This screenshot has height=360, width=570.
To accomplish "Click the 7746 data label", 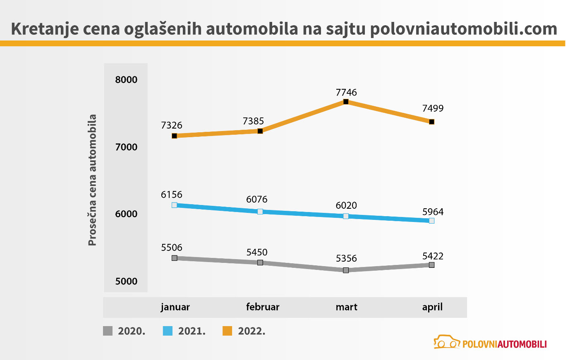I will click(x=346, y=92).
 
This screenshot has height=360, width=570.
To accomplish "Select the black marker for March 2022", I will click(x=346, y=102).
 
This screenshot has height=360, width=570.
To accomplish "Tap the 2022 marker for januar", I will click(x=174, y=136).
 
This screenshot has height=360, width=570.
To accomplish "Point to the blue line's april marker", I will click(x=431, y=221).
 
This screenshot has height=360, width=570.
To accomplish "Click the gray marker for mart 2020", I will click(x=346, y=270).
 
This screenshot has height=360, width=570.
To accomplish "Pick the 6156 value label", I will click(x=172, y=195).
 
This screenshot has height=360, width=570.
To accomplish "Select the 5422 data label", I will click(x=433, y=256).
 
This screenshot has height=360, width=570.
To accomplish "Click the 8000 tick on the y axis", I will click(x=126, y=80).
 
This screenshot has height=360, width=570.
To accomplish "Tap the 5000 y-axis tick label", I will click(x=126, y=281).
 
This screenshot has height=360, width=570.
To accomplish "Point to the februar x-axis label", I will click(x=263, y=307).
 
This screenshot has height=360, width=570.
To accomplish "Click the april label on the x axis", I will click(x=432, y=307).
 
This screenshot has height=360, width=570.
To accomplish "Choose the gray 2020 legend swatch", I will click(x=108, y=331).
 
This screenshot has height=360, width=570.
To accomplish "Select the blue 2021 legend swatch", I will click(x=168, y=331).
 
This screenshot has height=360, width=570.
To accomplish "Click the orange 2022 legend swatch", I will click(x=228, y=331).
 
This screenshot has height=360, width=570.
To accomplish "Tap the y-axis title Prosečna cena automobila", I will click(x=92, y=180).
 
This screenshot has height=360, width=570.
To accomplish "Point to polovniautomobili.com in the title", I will click(x=463, y=29).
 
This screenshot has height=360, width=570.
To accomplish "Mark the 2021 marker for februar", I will click(x=260, y=212).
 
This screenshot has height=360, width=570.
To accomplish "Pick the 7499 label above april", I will click(x=433, y=108).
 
